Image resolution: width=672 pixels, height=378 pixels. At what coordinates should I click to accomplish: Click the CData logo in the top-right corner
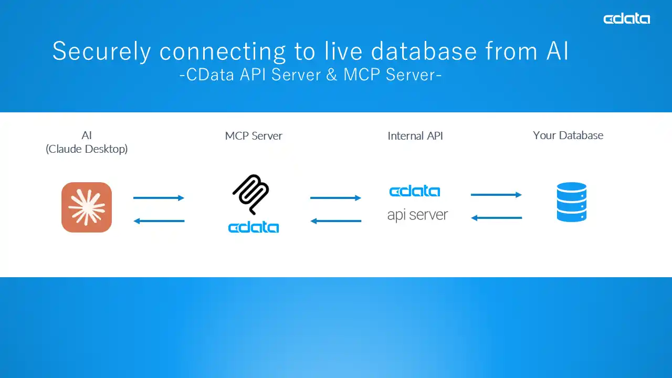tap(626, 19)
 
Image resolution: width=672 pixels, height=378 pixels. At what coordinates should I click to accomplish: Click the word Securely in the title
tap(101, 51)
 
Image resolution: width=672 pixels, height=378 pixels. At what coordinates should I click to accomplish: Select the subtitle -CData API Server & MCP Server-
tap(310, 75)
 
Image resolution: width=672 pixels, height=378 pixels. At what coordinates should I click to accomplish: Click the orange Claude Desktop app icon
tap(87, 207)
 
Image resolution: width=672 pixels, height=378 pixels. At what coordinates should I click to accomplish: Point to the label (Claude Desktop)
tap(87, 149)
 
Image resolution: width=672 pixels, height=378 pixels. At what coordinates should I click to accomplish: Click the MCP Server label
tap(254, 136)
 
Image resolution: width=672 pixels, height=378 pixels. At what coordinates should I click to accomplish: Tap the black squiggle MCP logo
tap(251, 194)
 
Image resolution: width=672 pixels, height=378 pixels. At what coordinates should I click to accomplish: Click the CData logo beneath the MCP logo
tap(254, 227)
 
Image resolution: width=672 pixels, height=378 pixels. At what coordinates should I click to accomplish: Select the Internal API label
tap(415, 136)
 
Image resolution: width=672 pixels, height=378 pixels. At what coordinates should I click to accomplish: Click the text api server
tap(417, 215)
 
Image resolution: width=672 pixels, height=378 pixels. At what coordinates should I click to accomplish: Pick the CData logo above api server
tap(415, 191)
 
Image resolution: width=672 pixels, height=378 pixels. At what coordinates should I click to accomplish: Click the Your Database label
tap(568, 135)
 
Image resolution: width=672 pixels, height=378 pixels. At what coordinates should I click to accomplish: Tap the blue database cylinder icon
tap(571, 202)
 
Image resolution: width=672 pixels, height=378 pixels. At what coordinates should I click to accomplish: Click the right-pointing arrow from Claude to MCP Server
tap(159, 198)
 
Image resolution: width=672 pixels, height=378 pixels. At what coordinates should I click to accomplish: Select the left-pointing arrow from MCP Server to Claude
tap(159, 221)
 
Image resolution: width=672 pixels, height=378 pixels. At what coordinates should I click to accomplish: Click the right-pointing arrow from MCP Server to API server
tap(335, 198)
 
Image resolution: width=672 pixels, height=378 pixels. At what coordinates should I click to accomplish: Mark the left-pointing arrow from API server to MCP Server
tap(335, 221)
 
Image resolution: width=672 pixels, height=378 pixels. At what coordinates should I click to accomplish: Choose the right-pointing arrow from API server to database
tap(496, 195)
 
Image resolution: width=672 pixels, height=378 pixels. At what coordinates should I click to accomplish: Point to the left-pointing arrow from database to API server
tap(496, 217)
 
